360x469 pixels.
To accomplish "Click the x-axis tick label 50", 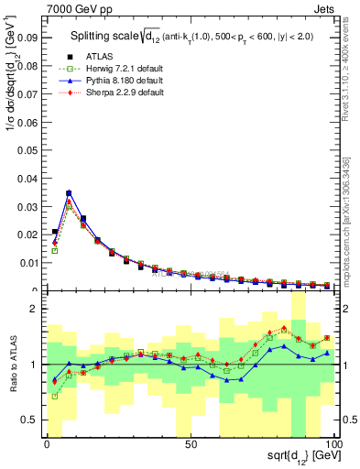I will (191, 445).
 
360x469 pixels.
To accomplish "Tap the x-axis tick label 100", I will (333, 445).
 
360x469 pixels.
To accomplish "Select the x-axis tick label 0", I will (48, 445).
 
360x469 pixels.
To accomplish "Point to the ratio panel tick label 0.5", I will (32, 420).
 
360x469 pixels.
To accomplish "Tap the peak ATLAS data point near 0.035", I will (69, 193).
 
